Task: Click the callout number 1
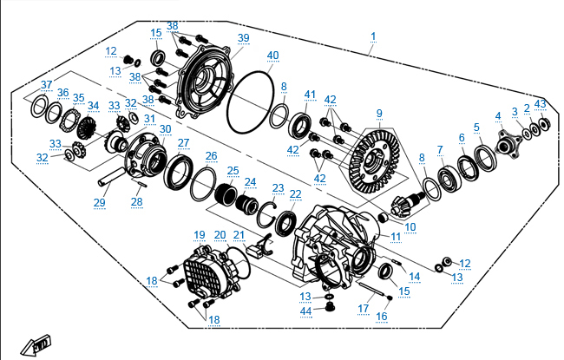click(x=373, y=36)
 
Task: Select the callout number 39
click(x=244, y=37)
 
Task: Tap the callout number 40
click(x=273, y=56)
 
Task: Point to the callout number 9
click(x=379, y=113)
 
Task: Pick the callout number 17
click(x=364, y=308)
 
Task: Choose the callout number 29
click(x=99, y=202)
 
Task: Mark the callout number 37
click(x=47, y=84)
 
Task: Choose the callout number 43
click(x=541, y=105)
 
